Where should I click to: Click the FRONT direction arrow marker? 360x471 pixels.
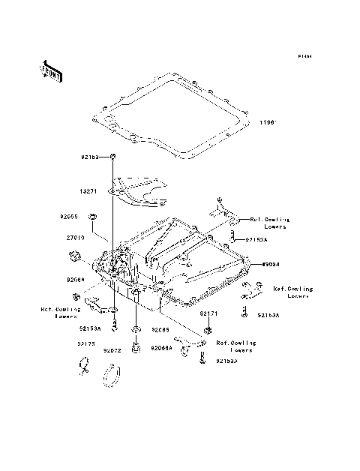pos(51,70)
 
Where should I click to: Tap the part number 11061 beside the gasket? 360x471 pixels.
pos(268,122)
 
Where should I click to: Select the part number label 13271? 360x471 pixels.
pos(90,190)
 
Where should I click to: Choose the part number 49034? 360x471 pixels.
pos(270,265)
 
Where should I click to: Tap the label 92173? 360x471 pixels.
pos(85,344)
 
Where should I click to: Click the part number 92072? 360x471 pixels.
pos(112,350)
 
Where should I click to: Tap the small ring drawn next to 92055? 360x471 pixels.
pos(91,217)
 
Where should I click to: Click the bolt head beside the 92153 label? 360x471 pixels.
pos(112,156)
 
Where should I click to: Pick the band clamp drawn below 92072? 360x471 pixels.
pos(112,373)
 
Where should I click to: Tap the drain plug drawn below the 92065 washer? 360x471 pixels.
pos(136,349)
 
